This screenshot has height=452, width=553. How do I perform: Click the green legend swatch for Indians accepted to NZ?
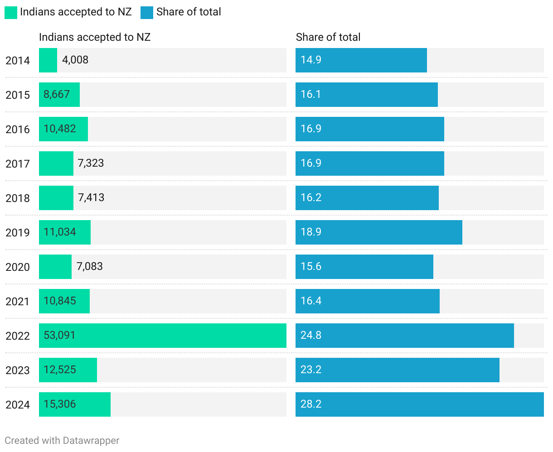pos(11,12)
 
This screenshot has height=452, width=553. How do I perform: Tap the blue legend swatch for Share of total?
pos(147,12)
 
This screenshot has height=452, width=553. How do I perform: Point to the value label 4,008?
pos(75,60)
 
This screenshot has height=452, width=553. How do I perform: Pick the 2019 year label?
pos(18,232)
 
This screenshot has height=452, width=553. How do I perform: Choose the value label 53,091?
pos(59,335)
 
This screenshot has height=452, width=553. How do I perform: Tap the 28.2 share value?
pos(311,404)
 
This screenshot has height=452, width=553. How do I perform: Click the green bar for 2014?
pos(48,60)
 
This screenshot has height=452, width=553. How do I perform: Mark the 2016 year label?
pos(18,129)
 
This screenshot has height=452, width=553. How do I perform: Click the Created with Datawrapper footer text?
pos(62,440)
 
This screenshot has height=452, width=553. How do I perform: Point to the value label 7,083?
pos(90,266)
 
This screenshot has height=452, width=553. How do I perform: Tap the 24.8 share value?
pos(311,335)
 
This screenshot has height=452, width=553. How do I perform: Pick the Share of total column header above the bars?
pos(328,37)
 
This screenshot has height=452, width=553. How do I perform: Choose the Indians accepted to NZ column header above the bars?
pos(95,37)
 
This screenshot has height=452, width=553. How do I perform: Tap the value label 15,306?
pos(60,404)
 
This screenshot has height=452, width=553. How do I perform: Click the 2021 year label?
pos(18,301)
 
